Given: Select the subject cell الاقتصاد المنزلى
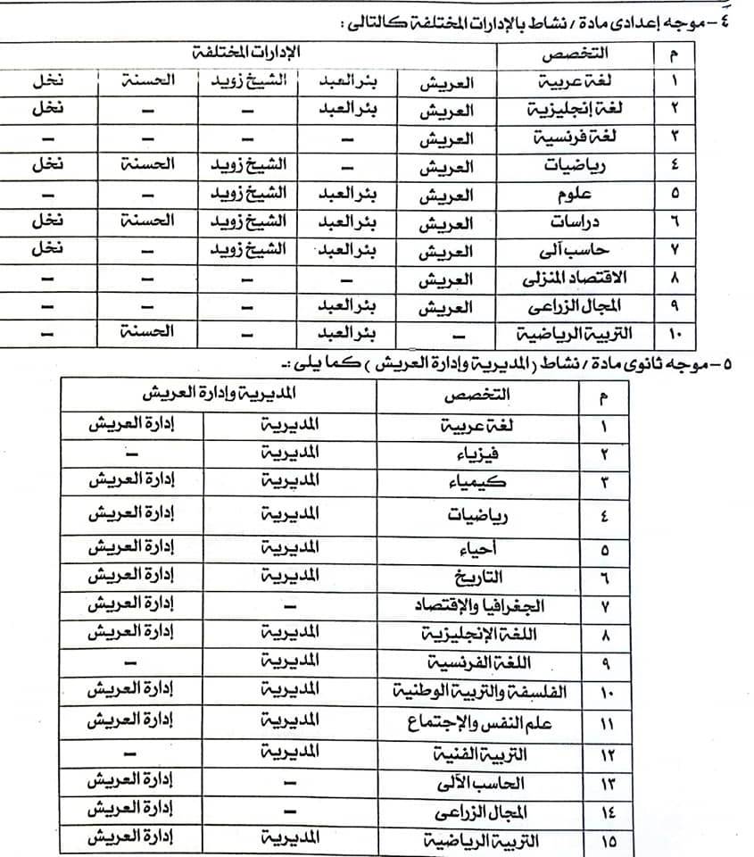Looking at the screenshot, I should pos(581,278).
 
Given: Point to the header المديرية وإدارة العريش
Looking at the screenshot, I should pos(219,394).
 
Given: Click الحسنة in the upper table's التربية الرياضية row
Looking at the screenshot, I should pos(145,334).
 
